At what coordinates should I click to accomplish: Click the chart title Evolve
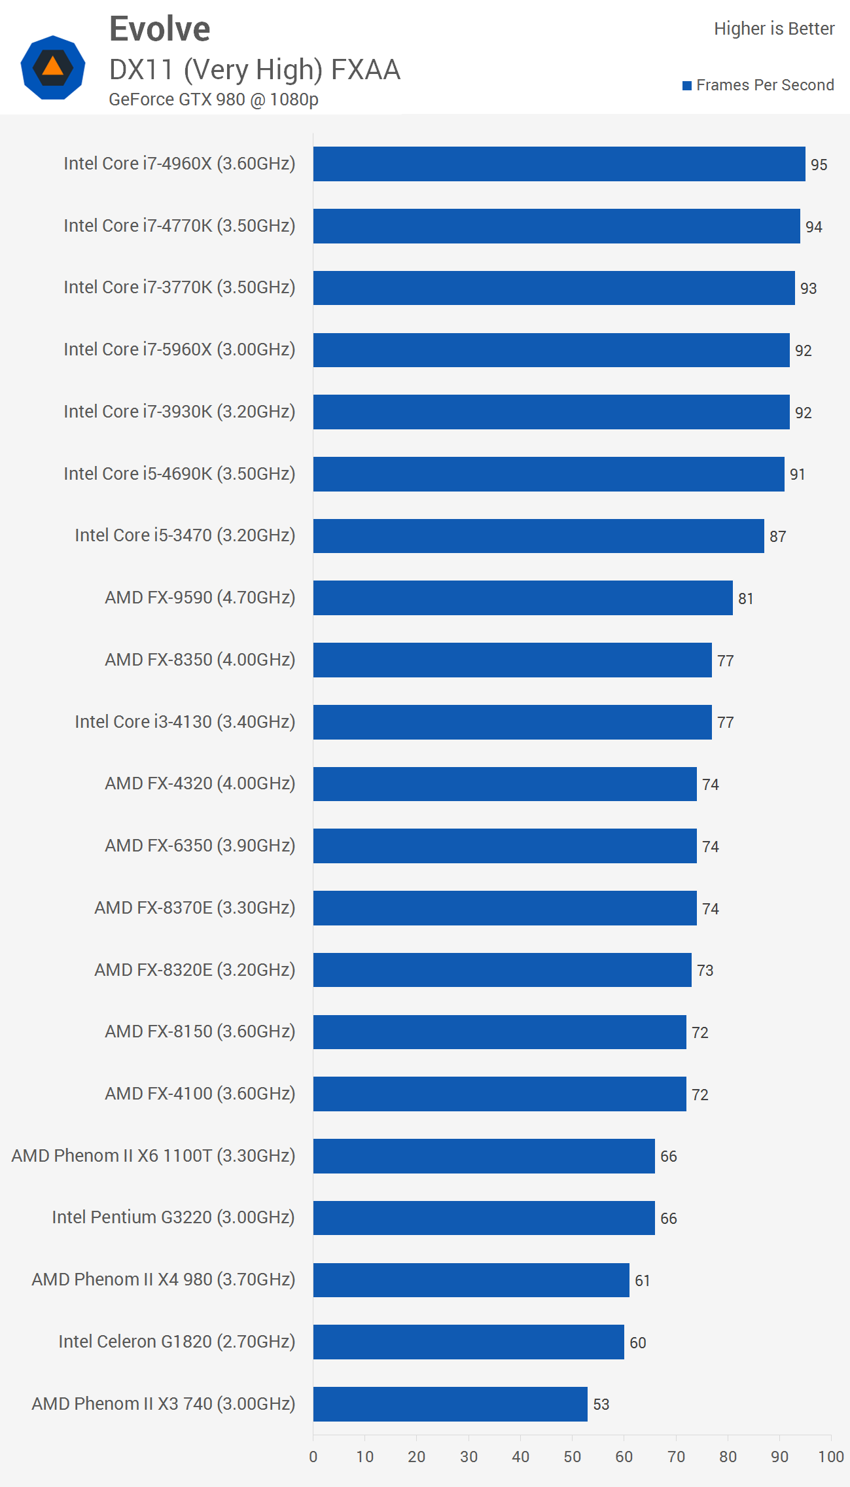160,29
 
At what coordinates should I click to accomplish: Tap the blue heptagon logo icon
53,67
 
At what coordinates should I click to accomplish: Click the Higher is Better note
773,29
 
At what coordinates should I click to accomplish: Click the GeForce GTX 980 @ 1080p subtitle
213,99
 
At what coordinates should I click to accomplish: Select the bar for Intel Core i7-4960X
559,164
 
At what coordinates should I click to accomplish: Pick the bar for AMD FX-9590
522,598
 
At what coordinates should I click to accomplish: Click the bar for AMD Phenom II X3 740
450,1404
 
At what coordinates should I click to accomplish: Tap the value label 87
777,537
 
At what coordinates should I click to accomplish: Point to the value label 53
601,1405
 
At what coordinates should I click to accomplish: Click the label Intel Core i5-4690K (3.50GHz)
179,474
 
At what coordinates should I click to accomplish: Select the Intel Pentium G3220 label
173,1217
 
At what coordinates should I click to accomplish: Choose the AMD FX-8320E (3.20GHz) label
194,970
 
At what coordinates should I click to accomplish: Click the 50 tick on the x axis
572,1457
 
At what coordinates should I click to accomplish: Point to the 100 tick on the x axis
830,1457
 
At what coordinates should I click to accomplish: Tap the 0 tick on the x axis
313,1457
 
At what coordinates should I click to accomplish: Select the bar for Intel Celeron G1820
468,1342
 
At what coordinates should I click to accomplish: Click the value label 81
745,599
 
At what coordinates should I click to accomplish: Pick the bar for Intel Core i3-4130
512,722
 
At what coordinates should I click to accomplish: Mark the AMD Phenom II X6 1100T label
153,1156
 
